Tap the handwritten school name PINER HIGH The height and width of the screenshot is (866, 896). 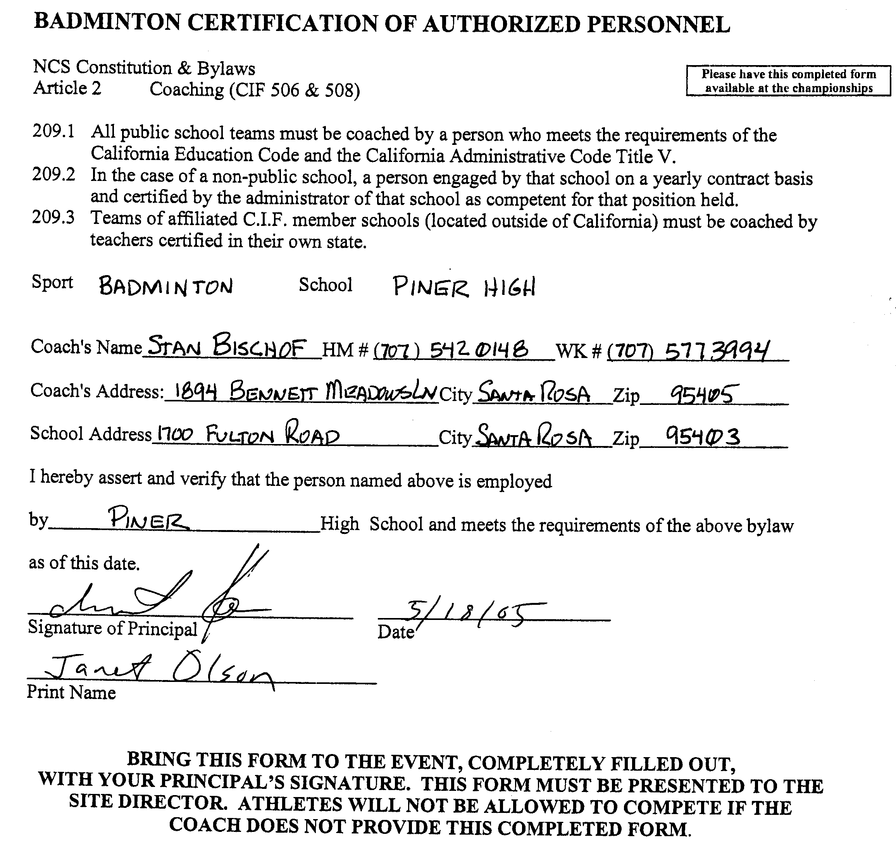pos(464,288)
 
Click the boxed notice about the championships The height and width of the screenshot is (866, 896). pos(788,81)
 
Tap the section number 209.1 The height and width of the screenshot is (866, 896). pos(53,132)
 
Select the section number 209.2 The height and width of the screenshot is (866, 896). pos(53,175)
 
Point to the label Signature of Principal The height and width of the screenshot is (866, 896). pos(112,628)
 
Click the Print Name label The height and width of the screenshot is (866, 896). pos(71,692)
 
